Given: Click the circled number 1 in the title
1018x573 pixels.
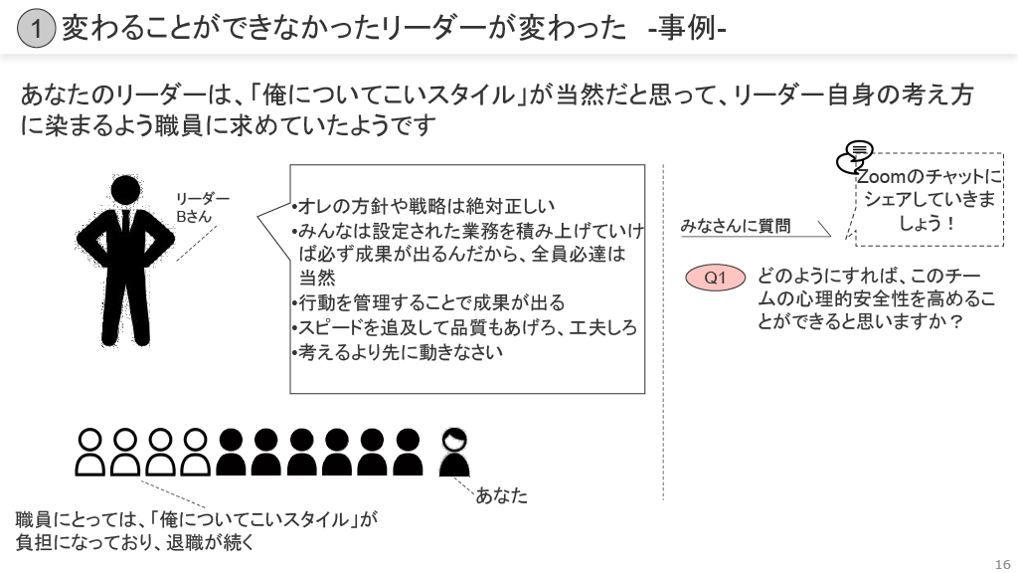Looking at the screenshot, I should (36, 29).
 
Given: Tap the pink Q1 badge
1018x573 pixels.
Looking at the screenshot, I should (716, 279).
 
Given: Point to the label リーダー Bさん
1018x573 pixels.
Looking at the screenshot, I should (202, 207).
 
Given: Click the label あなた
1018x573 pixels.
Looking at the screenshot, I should (501, 494).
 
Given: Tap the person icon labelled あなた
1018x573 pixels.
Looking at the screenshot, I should (454, 453).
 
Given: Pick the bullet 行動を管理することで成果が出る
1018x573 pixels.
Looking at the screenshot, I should (428, 302).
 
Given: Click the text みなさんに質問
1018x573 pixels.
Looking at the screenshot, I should (736, 226).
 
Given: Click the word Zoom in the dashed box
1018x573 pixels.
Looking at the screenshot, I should (878, 177).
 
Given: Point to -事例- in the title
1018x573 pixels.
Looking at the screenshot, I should (686, 29).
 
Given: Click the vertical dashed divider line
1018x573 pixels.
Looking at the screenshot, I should (663, 328).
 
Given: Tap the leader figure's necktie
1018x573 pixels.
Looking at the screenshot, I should (125, 225).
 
